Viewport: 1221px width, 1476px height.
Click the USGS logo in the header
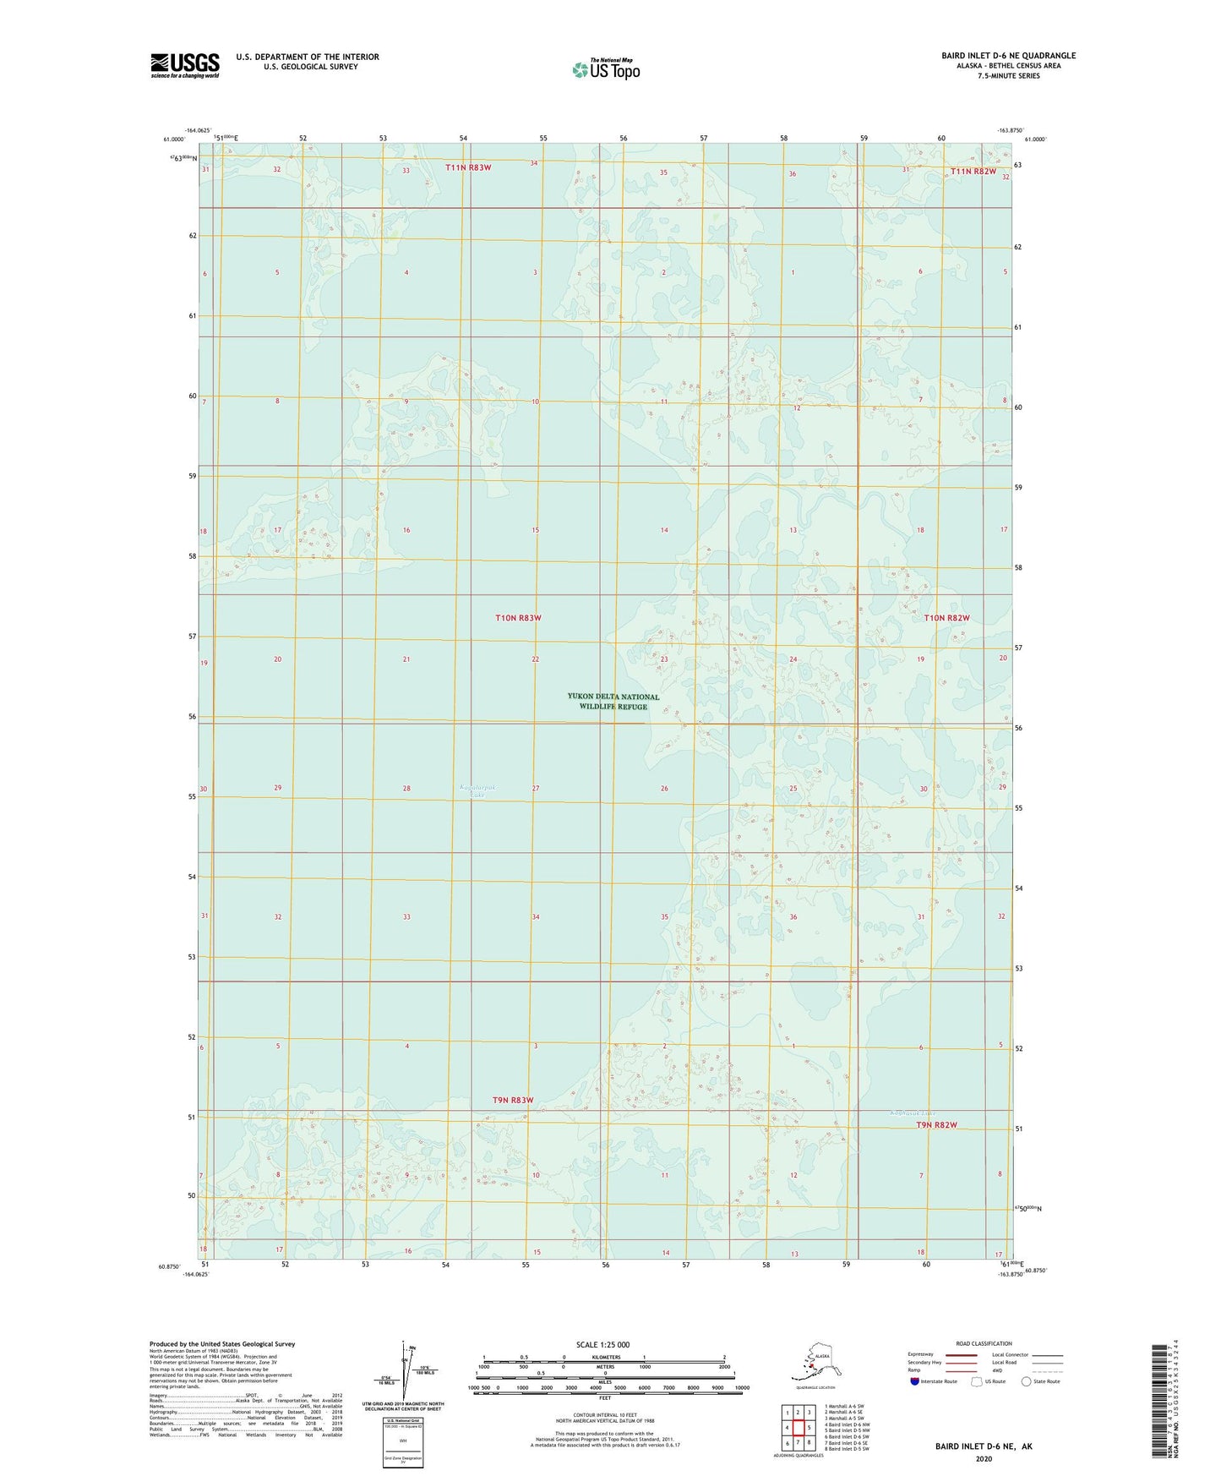click(185, 65)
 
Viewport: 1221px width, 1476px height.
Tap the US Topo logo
click(605, 68)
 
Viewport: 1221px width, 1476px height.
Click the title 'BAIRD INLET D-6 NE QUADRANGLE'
click(1008, 56)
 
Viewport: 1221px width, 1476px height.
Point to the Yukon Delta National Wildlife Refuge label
click(613, 702)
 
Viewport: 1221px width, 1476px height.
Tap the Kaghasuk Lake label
click(913, 1112)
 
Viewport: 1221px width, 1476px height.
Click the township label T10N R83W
click(518, 618)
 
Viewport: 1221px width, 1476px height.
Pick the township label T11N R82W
click(973, 172)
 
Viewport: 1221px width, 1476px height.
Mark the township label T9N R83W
click(513, 1100)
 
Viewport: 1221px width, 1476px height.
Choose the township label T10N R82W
click(946, 618)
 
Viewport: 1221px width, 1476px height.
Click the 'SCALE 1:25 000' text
click(602, 1344)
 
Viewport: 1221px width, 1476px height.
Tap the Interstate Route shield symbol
click(914, 1381)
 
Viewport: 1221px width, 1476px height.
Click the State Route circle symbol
click(1026, 1381)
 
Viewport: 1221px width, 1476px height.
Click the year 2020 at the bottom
click(984, 1458)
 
